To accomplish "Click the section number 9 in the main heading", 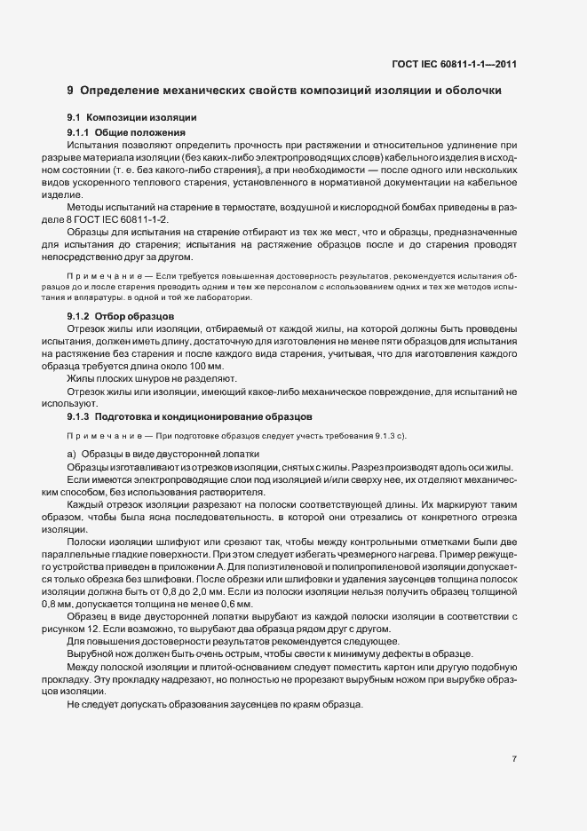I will tap(70, 91).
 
